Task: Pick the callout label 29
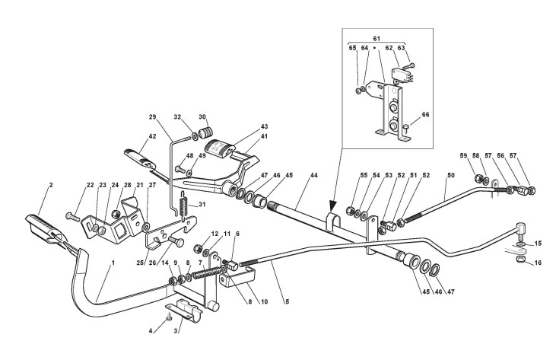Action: (x=152, y=117)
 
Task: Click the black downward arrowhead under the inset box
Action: (x=332, y=205)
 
